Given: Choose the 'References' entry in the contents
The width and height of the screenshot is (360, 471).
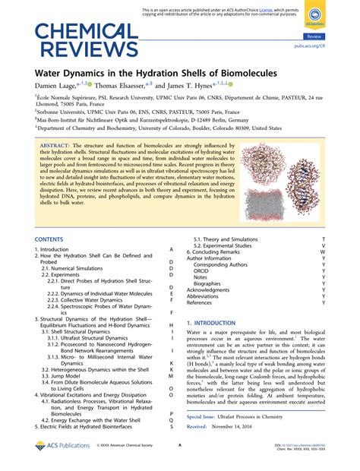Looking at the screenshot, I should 200,302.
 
